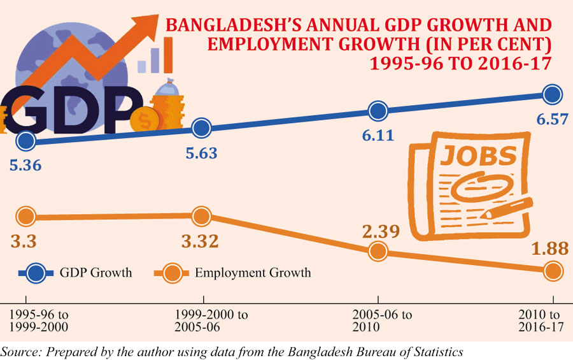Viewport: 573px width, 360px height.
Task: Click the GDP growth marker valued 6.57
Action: pos(552,95)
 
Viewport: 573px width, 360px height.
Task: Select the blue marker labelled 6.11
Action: pos(378,111)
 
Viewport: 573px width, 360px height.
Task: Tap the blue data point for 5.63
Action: pos(201,129)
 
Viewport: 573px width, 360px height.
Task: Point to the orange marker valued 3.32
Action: pos(201,217)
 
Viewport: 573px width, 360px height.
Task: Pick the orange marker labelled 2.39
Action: pos(378,251)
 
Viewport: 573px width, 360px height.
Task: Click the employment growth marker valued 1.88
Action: pos(552,271)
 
